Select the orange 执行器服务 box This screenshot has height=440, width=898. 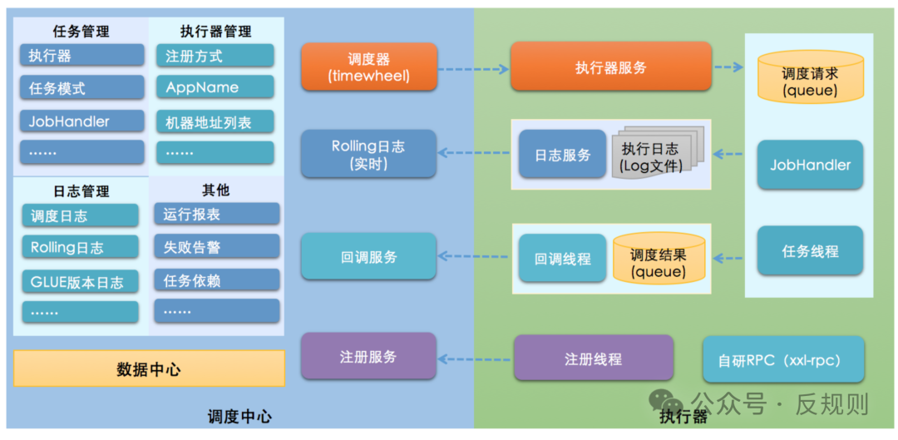[610, 67]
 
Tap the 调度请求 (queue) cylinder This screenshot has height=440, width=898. [810, 82]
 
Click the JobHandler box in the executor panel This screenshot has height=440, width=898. [810, 165]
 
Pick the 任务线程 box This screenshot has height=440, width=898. [810, 250]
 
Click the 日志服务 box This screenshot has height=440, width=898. [562, 155]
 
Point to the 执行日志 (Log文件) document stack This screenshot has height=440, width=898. [656, 156]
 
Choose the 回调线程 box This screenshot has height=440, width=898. [562, 259]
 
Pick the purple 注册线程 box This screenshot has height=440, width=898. [593, 358]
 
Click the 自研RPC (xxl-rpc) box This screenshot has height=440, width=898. [783, 359]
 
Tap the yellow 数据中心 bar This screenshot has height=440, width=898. [149, 369]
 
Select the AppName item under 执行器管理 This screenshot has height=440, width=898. [215, 87]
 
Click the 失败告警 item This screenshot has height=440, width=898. [216, 247]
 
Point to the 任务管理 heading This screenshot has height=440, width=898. [81, 32]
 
